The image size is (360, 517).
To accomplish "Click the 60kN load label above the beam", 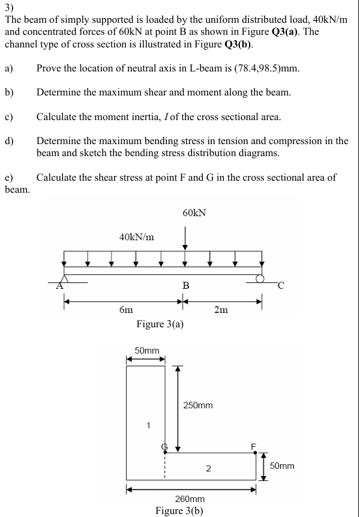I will coord(193,213).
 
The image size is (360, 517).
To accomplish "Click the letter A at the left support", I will coord(59,286).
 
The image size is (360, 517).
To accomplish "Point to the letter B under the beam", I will coord(185,286).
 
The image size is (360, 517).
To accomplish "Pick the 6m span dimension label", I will coord(126,309).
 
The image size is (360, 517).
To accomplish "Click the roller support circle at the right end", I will coord(259,278).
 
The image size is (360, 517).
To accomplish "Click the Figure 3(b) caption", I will coord(179,511).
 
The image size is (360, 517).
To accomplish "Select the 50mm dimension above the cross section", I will coord(146,349).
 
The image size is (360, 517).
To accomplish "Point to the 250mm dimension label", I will coord(198,405).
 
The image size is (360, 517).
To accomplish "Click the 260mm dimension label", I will coord(190,499).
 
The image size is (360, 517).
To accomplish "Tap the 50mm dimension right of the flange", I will coord(282,466).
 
